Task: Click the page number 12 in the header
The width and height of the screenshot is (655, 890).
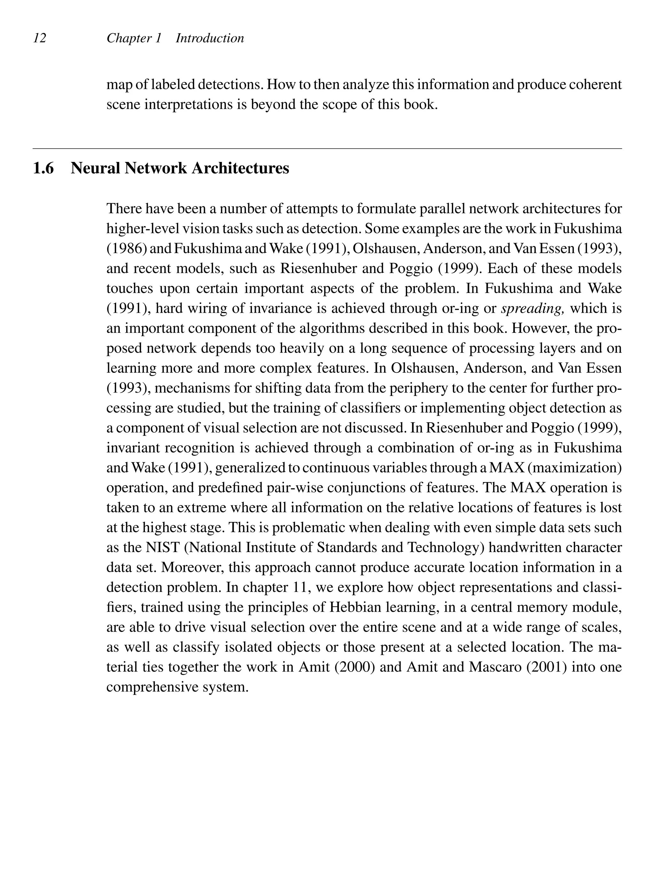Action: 40,38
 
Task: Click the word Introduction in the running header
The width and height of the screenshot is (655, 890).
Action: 210,38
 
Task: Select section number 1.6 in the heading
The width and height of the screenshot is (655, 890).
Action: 43,168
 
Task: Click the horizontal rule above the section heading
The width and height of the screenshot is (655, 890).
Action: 327,149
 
